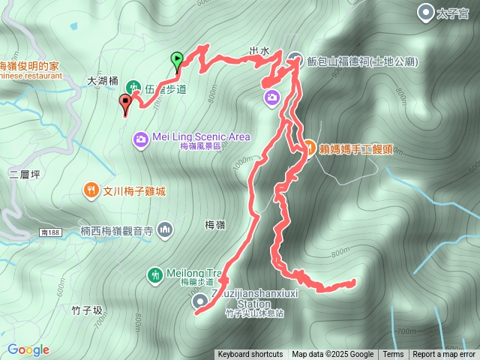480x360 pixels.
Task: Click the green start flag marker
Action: coord(176,58)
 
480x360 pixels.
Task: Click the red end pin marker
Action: coord(126,102)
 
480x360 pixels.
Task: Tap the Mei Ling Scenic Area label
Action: coord(201,136)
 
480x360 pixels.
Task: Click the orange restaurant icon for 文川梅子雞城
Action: coord(90,190)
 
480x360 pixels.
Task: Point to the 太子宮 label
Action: coord(454,12)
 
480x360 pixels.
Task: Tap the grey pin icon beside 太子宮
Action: coord(427,12)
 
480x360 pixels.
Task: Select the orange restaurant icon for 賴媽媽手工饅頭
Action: coord(308,148)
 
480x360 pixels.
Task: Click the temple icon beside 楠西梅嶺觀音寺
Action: coord(165,229)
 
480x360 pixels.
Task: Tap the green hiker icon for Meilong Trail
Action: coord(154,275)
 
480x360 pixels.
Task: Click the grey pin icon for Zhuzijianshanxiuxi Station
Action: coord(200,301)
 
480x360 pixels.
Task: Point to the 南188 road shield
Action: coord(51,233)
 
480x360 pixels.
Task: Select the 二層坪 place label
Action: coord(23,175)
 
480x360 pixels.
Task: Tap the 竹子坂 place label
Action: coord(87,310)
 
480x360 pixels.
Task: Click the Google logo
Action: coord(28,349)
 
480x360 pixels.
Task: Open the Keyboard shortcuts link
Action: coord(250,355)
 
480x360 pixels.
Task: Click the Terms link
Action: coord(393,355)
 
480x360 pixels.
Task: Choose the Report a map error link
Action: coord(444,355)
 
